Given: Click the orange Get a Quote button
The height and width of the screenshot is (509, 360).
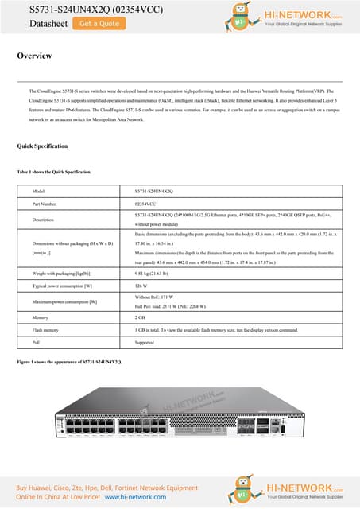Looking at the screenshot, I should [x=99, y=24].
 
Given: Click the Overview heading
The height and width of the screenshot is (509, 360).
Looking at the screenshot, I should [x=34, y=56].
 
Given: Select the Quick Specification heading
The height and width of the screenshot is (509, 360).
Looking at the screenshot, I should [x=42, y=146].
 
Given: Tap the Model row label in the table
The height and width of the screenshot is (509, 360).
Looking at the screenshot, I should [x=38, y=192].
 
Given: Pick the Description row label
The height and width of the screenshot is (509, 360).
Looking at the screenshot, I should [x=43, y=220].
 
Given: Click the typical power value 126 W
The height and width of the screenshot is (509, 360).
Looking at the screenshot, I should [x=141, y=285].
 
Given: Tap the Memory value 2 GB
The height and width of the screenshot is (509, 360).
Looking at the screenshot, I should [x=140, y=317].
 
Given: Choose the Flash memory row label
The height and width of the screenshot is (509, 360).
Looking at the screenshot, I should [x=45, y=328].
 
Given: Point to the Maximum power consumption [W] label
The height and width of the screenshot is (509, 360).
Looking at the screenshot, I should [x=64, y=301].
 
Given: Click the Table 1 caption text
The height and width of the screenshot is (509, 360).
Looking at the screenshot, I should [x=54, y=172].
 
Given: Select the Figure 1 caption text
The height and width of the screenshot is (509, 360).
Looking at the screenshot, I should [x=69, y=362].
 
